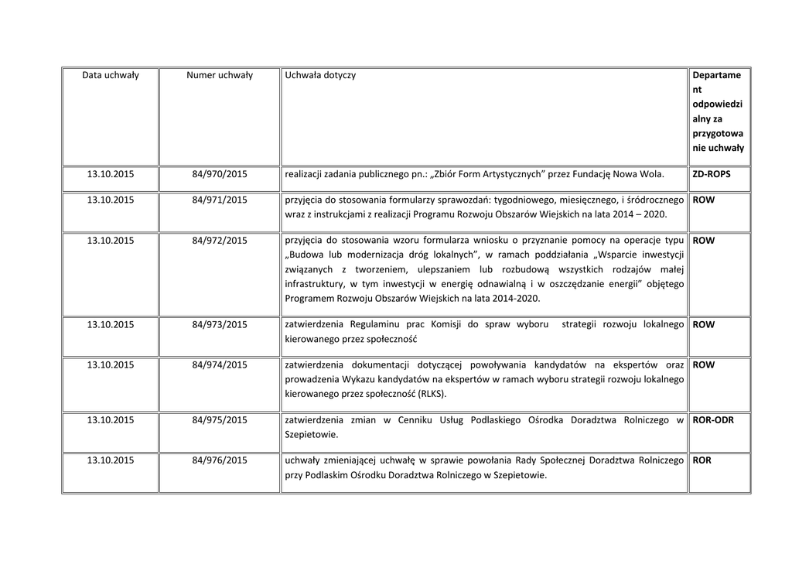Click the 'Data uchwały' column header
click(110, 75)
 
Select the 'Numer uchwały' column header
click(220, 75)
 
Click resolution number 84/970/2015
click(220, 175)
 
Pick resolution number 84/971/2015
click(220, 200)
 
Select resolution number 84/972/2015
click(220, 241)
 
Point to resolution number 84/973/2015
click(220, 325)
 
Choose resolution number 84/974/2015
click(220, 365)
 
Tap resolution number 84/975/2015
click(220, 420)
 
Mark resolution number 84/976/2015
click(220, 460)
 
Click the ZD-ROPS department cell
click(712, 175)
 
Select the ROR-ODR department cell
click(713, 420)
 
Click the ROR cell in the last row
click(702, 460)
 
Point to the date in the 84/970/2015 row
click(110, 175)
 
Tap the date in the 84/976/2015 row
click(110, 460)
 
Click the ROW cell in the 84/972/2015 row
click(704, 241)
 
